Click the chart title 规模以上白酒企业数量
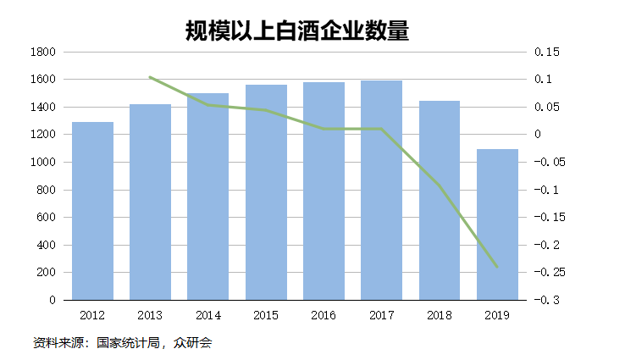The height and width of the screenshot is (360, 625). pos(297,30)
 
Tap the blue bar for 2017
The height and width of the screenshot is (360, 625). pos(381,190)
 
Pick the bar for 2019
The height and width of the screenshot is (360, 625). pos(497,224)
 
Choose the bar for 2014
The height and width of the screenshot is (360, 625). pos(208,196)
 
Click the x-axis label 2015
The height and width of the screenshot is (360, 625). pos(266,316)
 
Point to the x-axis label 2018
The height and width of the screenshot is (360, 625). pos(439,316)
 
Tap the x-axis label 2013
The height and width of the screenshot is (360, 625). pos(150,316)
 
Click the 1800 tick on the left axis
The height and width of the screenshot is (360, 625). pos(42,53)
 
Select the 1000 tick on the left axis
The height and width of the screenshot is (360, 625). pos(42,163)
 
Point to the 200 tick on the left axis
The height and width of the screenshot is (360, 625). pos(46,273)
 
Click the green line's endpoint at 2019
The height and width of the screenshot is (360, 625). pos(497,268)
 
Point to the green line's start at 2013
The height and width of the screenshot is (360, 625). pos(150,77)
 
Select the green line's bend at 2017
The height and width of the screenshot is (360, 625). pos(381,129)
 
